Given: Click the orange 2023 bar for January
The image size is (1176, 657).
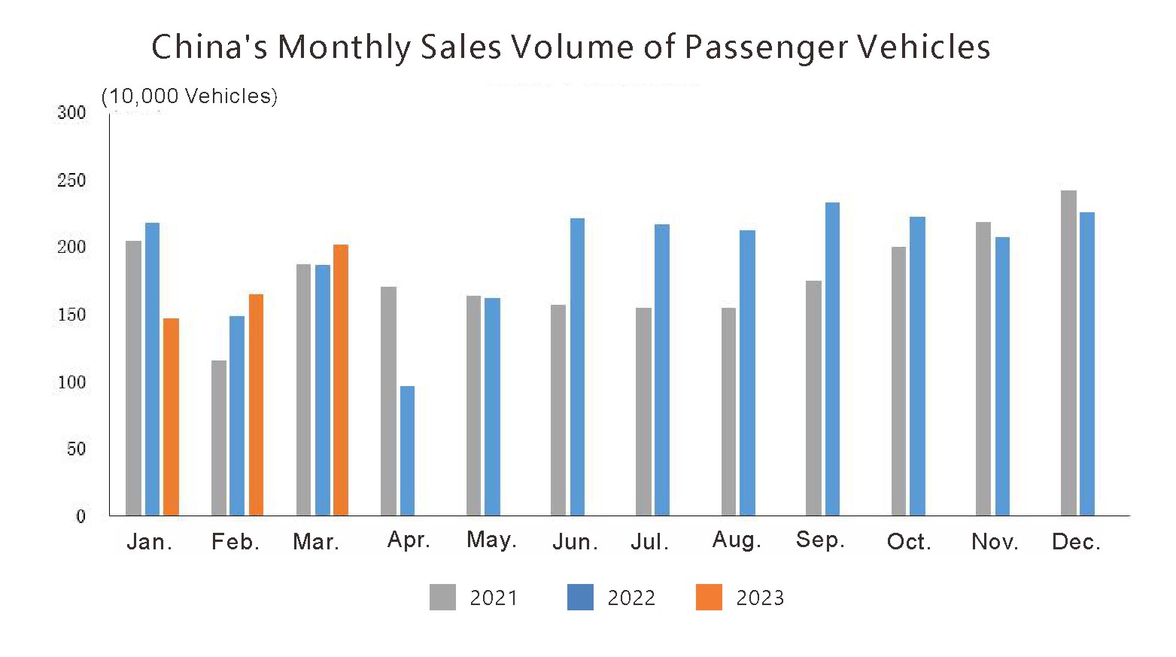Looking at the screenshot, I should click(x=171, y=417).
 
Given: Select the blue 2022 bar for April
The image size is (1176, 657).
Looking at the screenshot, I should click(x=407, y=451).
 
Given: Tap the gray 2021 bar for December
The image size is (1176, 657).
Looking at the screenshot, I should click(x=1068, y=353).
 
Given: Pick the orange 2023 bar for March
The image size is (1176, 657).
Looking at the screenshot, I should click(x=341, y=380).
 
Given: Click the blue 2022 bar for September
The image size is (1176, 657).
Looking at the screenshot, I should click(x=832, y=359).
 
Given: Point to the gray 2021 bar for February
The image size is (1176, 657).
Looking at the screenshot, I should click(x=219, y=438).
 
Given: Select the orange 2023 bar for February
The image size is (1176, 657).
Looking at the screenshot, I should click(x=256, y=405).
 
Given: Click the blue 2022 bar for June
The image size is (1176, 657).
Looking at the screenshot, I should click(x=577, y=367).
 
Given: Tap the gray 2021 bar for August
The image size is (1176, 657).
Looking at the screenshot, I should click(x=728, y=412).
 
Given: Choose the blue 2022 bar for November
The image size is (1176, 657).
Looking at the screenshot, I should click(x=1002, y=376).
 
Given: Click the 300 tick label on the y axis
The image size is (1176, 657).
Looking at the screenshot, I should click(x=71, y=113).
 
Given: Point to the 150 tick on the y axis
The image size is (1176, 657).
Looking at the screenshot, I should click(x=71, y=315).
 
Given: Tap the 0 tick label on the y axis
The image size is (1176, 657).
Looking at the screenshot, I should click(x=81, y=516).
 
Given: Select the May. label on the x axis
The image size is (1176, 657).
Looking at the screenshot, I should click(x=491, y=540).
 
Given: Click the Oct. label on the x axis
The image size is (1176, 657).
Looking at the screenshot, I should click(x=909, y=542).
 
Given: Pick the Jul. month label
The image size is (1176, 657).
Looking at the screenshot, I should click(x=649, y=542).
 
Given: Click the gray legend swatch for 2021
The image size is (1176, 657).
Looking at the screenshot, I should click(x=442, y=597).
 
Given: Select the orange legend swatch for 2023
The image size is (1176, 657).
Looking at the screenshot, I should click(x=709, y=597).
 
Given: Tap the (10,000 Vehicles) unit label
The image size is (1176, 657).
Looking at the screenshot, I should click(x=190, y=96).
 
